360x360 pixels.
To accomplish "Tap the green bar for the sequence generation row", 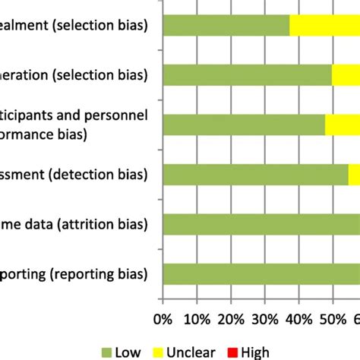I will pyautogui.click(x=248, y=74).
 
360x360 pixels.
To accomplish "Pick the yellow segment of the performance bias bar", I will pyautogui.click(x=342, y=125).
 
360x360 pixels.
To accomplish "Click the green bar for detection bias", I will pyautogui.click(x=255, y=174).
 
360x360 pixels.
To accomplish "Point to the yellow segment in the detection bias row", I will pyautogui.click(x=354, y=174).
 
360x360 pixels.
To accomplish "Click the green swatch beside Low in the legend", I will pyautogui.click(x=106, y=352).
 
